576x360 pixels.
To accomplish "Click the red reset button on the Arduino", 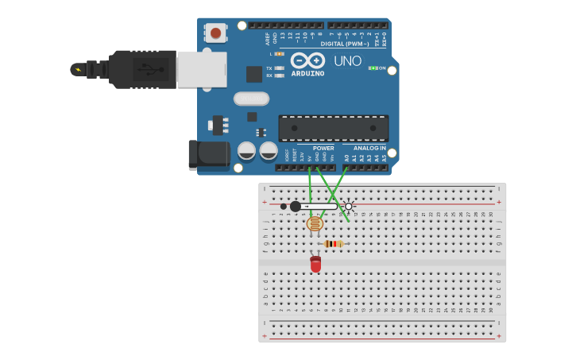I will [x=215, y=33].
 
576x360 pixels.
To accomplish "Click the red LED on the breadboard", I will [x=315, y=265].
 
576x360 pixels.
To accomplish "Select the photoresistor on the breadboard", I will [x=315, y=224].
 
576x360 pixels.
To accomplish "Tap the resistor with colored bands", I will [x=333, y=244].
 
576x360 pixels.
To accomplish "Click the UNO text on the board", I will [x=347, y=61].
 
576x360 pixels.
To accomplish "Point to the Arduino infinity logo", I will [x=307, y=60].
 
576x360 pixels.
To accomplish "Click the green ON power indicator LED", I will [x=373, y=68].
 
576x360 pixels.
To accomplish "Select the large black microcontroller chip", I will [x=333, y=128].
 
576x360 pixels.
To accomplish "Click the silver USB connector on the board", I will [x=201, y=70].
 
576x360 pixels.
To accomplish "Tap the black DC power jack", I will [x=208, y=154].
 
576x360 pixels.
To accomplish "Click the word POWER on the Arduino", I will [x=323, y=149].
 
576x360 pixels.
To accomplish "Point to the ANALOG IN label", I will [x=369, y=149].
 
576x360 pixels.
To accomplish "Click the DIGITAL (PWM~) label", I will [x=344, y=44].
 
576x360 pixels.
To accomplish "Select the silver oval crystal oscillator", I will [x=251, y=99].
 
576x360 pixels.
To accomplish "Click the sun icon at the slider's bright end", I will [x=348, y=207].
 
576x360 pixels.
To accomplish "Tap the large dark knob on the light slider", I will [x=296, y=207].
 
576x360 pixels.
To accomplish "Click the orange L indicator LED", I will [x=280, y=54].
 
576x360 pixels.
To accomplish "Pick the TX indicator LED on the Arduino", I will [x=280, y=68].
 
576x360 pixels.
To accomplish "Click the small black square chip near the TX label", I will [x=253, y=74].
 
